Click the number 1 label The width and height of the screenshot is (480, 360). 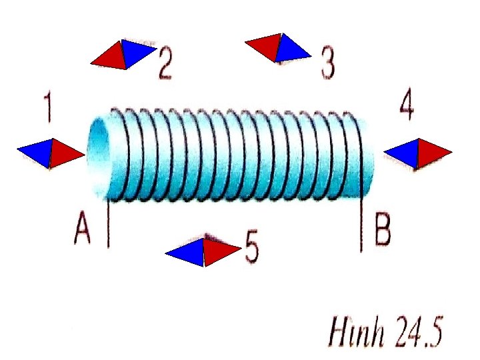pos(47,109)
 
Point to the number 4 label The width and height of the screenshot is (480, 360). pos(406,106)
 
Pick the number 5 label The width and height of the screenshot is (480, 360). pos(251,247)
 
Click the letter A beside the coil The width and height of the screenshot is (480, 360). pos(83,231)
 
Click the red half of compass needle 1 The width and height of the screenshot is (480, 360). pos(67,153)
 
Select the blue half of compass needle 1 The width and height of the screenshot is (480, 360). pos(37,154)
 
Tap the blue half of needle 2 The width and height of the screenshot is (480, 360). pos(137,52)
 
